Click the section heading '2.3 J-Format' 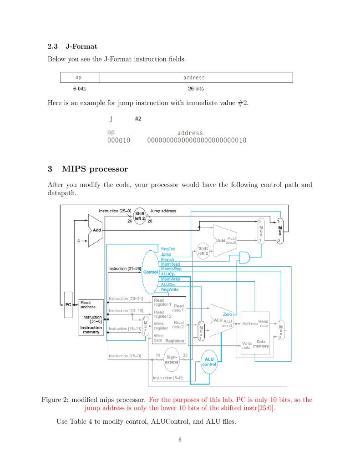[x=72, y=46]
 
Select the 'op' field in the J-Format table [x=79, y=77]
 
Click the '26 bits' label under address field [x=196, y=88]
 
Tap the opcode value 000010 [x=118, y=140]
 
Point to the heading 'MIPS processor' [x=95, y=169]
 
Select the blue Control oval [x=150, y=272]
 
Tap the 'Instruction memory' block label [x=91, y=330]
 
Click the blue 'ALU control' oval [x=209, y=362]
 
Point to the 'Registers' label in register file [x=175, y=340]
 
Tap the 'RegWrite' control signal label [x=170, y=289]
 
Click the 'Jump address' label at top [x=163, y=211]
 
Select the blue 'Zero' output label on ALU [x=227, y=314]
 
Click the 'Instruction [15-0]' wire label [x=125, y=355]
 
